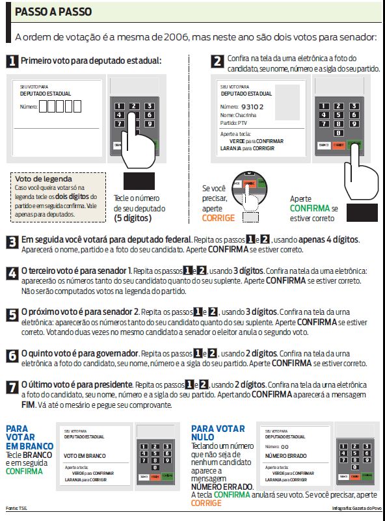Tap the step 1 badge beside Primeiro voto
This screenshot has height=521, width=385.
pos(12,62)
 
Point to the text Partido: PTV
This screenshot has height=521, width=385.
pos(234,122)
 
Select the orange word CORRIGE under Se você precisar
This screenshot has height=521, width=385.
pos(219,218)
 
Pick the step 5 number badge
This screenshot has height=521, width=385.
pos(12,315)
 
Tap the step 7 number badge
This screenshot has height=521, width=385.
pos(12,386)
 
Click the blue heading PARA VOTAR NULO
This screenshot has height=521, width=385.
pos(218,433)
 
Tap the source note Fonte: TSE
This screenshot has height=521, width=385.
pos(17,507)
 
